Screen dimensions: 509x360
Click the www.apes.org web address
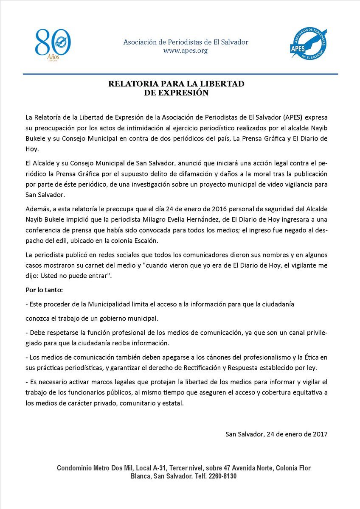pyautogui.click(x=186, y=51)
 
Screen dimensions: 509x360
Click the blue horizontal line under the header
pyautogui.click(x=180, y=74)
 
